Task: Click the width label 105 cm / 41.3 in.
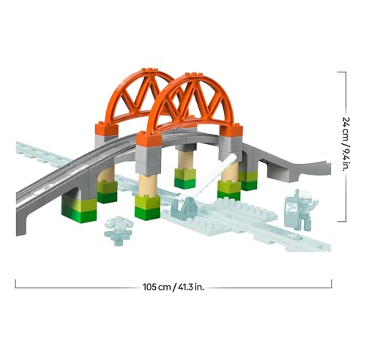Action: pyautogui.click(x=173, y=287)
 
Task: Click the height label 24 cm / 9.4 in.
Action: pyautogui.click(x=346, y=144)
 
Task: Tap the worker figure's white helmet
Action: pyautogui.click(x=305, y=194)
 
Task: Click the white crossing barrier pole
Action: pyautogui.click(x=207, y=176)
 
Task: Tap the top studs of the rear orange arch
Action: pyautogui.click(x=149, y=70)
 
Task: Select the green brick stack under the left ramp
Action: pyautogui.click(x=79, y=210)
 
